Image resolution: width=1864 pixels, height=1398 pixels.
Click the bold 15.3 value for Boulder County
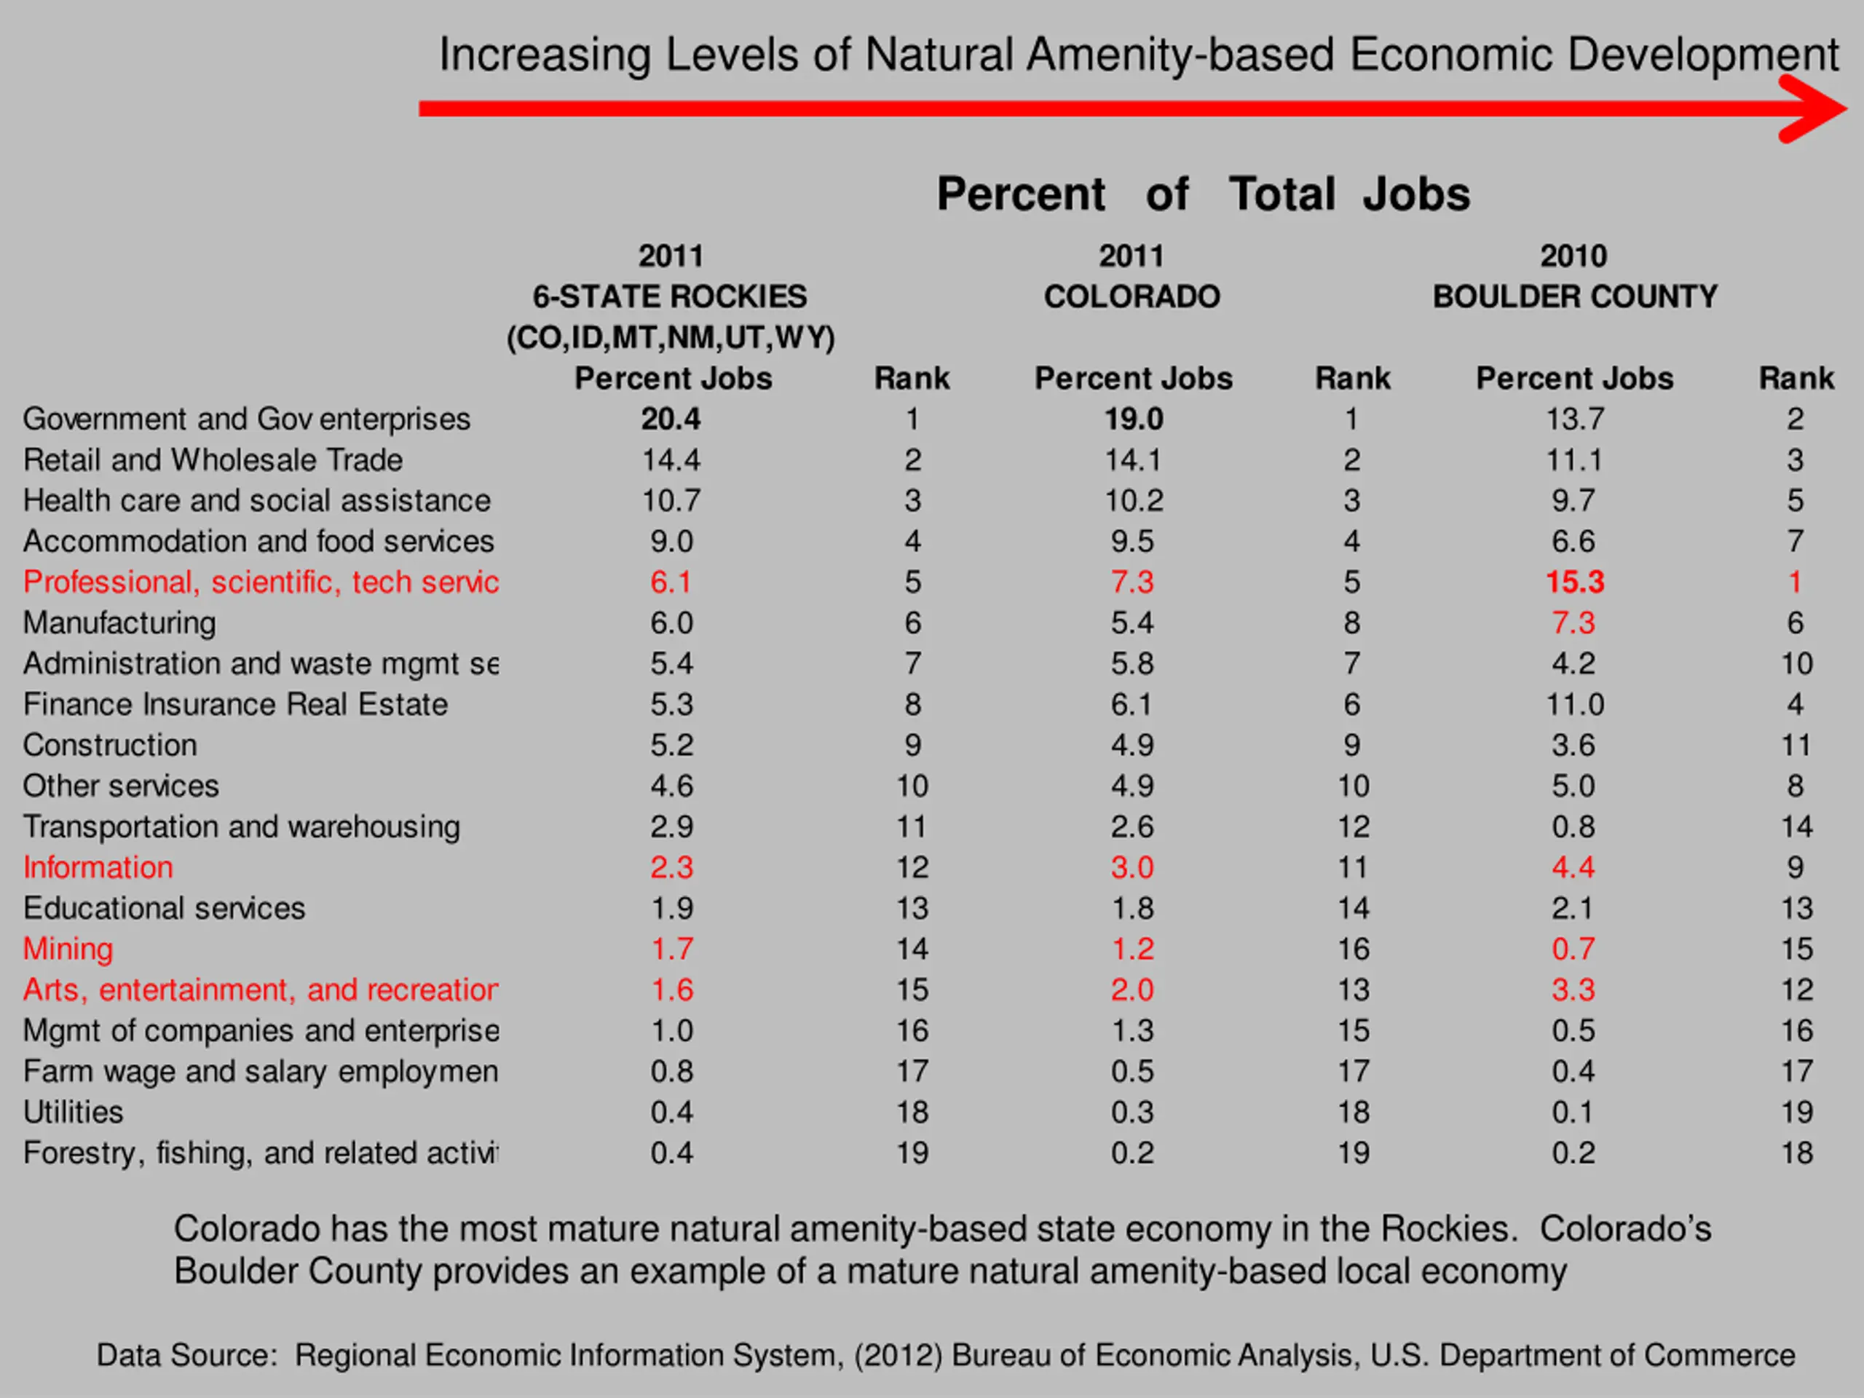coord(1574,582)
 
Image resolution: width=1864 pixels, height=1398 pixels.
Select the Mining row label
coord(68,949)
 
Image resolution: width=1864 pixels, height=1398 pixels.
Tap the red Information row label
coord(98,867)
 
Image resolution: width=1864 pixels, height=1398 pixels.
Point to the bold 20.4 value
coord(671,419)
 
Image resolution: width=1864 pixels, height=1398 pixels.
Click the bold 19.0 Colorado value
coord(1134,419)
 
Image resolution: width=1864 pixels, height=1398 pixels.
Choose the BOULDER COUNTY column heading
coord(1575,296)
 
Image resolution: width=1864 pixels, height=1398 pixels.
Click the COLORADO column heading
coord(1132,296)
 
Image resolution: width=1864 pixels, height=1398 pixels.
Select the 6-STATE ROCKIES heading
coord(670,296)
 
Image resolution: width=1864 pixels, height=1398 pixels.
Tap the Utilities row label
coord(74,1113)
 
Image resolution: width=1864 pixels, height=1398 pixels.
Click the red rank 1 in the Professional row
coord(1795,582)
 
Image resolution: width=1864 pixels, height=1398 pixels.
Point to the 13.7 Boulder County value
coord(1574,419)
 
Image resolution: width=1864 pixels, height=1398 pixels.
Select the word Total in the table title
coord(1281,194)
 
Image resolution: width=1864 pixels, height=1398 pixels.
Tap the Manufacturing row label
coord(119,623)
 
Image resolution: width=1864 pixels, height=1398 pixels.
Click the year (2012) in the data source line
coord(899,1355)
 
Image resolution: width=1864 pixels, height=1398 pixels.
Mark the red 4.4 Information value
coord(1573,867)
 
